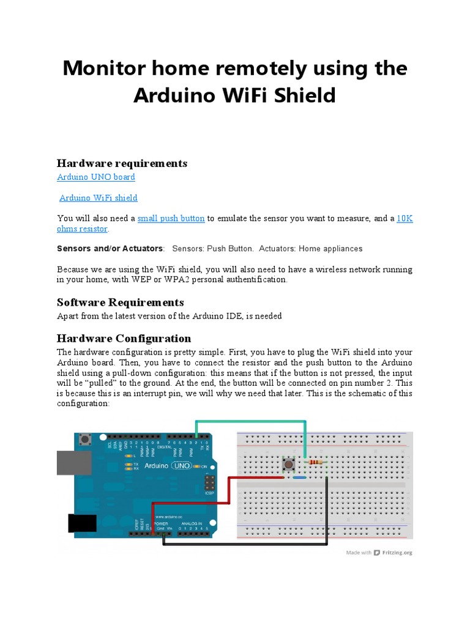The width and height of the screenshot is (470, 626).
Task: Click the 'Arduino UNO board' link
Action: (x=95, y=177)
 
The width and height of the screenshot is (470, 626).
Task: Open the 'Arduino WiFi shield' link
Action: (x=98, y=198)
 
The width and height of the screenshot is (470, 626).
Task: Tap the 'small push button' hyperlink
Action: (x=171, y=218)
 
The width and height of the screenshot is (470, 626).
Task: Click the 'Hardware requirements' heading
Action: (x=122, y=163)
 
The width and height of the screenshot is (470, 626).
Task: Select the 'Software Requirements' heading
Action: (x=120, y=303)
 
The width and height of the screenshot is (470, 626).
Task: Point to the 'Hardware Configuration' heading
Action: (x=124, y=339)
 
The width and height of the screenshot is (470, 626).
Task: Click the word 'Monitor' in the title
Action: (x=111, y=68)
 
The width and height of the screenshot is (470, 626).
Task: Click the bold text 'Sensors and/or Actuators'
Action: (x=110, y=249)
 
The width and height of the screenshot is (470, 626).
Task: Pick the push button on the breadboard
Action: (x=288, y=465)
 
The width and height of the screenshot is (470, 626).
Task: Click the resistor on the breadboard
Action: (x=316, y=463)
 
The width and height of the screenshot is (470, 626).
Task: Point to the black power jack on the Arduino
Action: (x=81, y=523)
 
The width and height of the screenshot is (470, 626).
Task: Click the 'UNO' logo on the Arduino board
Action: (x=182, y=466)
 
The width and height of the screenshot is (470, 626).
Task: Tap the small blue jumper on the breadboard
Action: (x=299, y=477)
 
